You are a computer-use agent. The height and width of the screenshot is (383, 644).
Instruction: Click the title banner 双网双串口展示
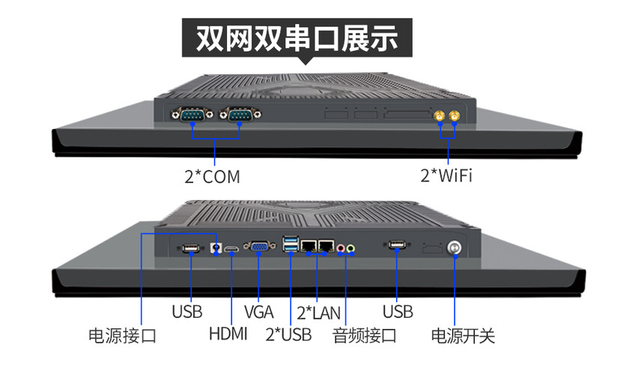tap(297, 37)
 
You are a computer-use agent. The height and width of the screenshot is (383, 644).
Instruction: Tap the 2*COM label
tap(213, 177)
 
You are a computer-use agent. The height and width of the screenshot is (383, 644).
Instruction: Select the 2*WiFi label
tap(446, 175)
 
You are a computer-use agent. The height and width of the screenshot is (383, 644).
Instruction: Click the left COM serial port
tap(192, 114)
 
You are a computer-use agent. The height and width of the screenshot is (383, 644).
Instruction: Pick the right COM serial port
tap(240, 114)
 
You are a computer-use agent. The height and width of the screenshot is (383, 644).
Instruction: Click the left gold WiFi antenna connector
tap(440, 116)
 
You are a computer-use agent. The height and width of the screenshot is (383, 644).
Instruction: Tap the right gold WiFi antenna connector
tap(455, 116)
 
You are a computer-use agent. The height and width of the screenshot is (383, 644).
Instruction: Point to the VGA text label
tap(259, 312)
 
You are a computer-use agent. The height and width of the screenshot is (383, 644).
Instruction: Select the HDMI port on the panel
tap(231, 249)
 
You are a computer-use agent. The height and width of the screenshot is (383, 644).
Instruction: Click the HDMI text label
tap(228, 334)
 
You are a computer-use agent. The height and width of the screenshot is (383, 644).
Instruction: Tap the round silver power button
tap(454, 248)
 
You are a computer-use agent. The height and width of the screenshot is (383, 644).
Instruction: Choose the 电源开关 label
tap(463, 336)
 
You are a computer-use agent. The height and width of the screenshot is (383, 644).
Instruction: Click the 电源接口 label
tap(122, 336)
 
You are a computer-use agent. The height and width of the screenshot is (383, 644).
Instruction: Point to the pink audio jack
tap(341, 248)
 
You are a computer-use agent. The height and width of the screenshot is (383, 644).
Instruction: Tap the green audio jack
tap(350, 248)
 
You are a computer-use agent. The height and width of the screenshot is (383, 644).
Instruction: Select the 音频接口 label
tap(364, 336)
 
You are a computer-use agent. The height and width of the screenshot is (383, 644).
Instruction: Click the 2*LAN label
tap(319, 313)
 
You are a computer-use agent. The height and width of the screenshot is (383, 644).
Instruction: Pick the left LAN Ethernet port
tap(309, 246)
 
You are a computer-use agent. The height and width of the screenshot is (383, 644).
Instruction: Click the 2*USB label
tap(288, 334)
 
